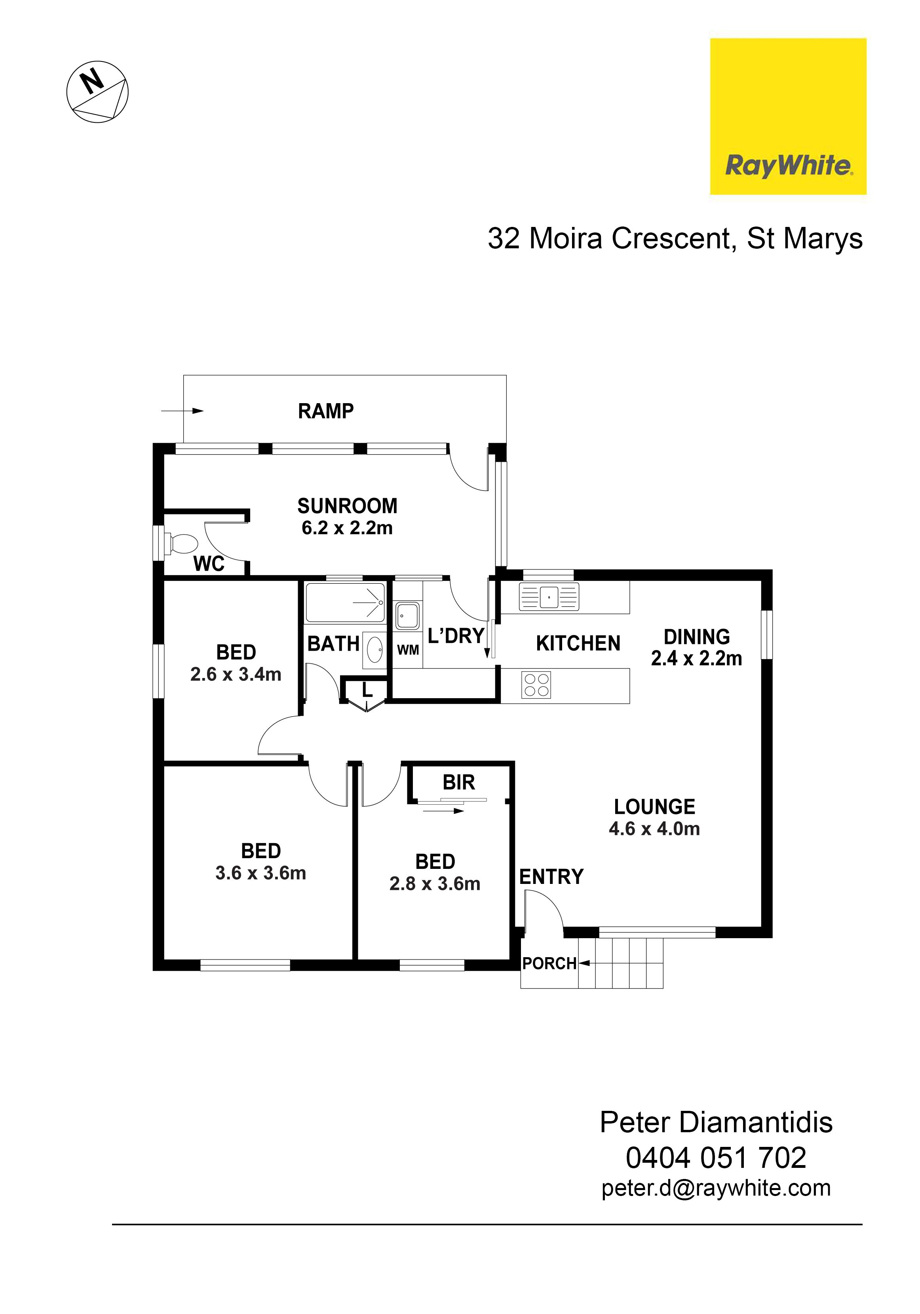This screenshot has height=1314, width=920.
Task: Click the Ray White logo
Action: point(788,116)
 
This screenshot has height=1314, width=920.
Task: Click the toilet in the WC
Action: point(181,543)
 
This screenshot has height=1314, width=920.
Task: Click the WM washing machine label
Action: point(408,650)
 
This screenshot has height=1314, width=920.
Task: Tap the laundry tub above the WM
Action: point(406,616)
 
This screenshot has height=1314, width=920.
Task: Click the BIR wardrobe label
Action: point(459,782)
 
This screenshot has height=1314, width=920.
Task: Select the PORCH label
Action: point(549,964)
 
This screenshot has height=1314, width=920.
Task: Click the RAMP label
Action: point(325,411)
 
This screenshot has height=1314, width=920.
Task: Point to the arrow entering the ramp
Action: point(182,410)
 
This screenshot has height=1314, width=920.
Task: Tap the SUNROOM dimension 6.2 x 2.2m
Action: point(347,528)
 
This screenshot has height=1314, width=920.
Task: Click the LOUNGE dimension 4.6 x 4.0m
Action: point(654,829)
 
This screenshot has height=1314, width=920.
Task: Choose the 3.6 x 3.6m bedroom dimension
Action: point(260,873)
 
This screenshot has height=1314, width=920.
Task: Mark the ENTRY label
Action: point(551,877)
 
